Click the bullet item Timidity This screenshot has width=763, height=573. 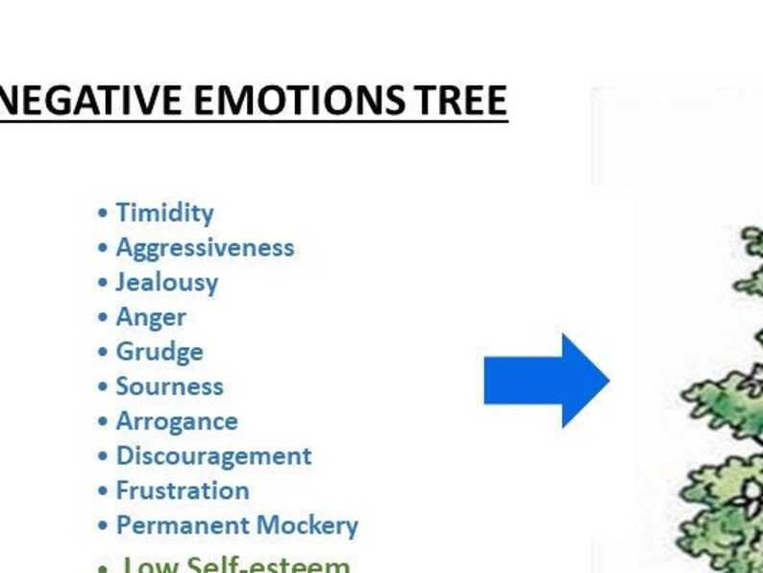tap(164, 212)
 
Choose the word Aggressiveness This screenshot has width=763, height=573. tap(205, 247)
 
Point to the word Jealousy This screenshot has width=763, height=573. tap(167, 282)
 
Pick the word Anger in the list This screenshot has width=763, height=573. tap(151, 316)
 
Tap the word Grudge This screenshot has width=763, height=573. tap(160, 351)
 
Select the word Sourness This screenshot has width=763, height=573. tap(169, 386)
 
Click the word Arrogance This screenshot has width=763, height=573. tap(177, 421)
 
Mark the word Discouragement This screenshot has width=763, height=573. tap(213, 456)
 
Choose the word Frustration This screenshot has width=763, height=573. tap(183, 490)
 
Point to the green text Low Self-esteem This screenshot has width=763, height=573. tap(236, 563)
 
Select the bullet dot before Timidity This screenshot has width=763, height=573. tap(103, 213)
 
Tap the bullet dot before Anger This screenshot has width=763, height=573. tap(103, 317)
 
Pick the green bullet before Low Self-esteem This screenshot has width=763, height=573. tap(103, 566)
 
